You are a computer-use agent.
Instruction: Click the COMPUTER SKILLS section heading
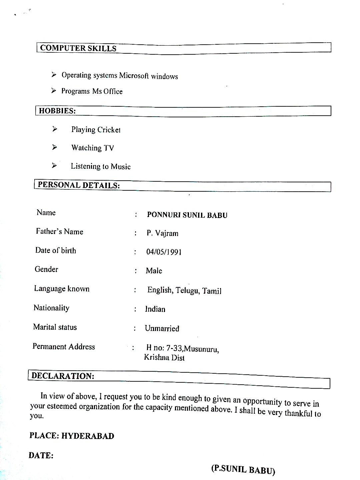coord(78,48)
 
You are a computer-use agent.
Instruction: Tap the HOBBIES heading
coord(57,111)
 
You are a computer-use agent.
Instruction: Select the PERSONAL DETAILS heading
coord(79,185)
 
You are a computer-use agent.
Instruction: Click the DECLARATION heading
coord(63,376)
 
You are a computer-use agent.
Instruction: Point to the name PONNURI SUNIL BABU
coord(187,215)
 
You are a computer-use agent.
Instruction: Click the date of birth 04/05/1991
coord(164,252)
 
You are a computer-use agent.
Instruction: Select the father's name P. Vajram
coord(162,233)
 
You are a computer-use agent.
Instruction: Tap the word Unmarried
coord(162,329)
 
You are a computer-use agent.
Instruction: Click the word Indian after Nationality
coord(155,309)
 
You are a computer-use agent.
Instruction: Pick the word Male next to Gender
coord(154,271)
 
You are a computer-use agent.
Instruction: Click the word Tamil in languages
coord(212,291)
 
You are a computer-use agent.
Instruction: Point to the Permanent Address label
coord(64,347)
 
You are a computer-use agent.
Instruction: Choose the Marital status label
coord(55,327)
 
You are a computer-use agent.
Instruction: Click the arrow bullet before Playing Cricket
coord(55,129)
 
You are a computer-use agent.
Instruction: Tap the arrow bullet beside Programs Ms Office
coord(54,91)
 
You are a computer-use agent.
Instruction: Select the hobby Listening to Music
coord(100,166)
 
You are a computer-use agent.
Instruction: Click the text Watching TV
coord(93,148)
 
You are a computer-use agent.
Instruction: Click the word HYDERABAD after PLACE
coord(88,436)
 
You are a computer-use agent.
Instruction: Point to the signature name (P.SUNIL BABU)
coord(243,469)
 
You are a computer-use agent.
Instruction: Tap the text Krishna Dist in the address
coord(164,358)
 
